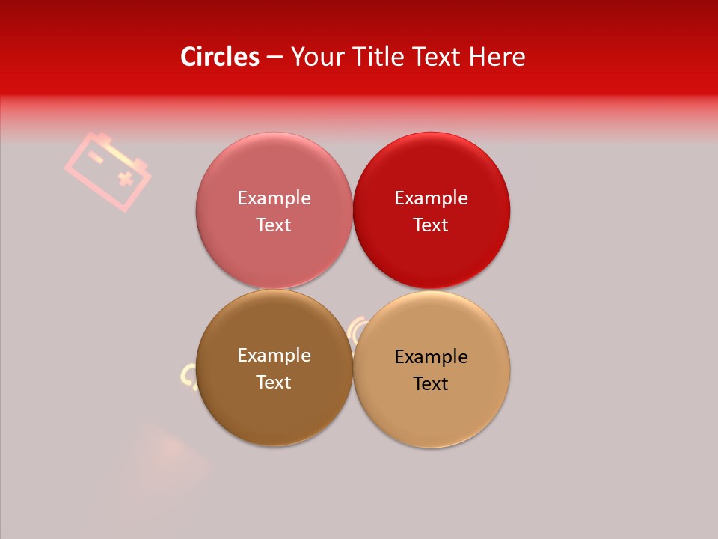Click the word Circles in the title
(220, 57)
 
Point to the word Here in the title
(497, 57)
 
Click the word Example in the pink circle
(274, 198)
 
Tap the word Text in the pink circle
(274, 225)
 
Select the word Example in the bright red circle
(431, 198)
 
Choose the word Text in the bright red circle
(431, 225)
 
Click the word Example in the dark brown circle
(274, 355)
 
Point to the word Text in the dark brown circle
(274, 382)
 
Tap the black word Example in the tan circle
(431, 356)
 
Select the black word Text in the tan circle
(431, 383)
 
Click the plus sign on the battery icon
(125, 178)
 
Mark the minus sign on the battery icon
(96, 156)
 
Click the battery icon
(108, 170)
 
